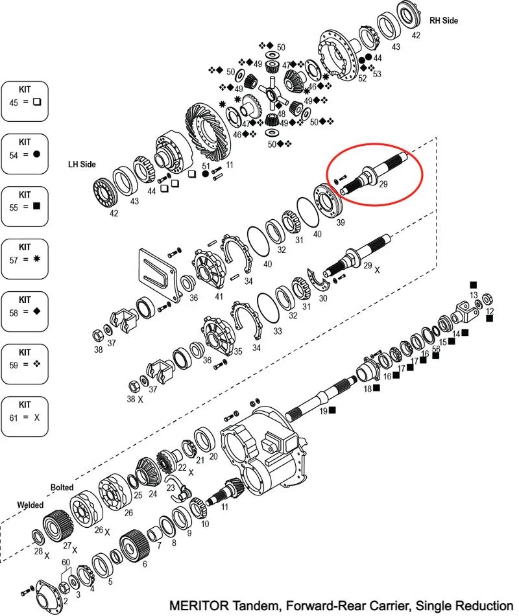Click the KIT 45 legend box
click(x=25, y=101)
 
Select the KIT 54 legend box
click(x=25, y=154)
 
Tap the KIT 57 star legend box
click(x=25, y=258)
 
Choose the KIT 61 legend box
click(x=25, y=416)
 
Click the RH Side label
click(x=443, y=21)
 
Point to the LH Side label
click(x=82, y=165)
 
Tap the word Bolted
click(x=62, y=487)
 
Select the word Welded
click(x=30, y=504)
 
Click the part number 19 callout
click(x=322, y=410)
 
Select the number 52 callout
click(x=362, y=78)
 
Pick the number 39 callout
click(x=340, y=222)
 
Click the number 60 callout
click(x=66, y=562)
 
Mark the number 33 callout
click(x=278, y=331)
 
